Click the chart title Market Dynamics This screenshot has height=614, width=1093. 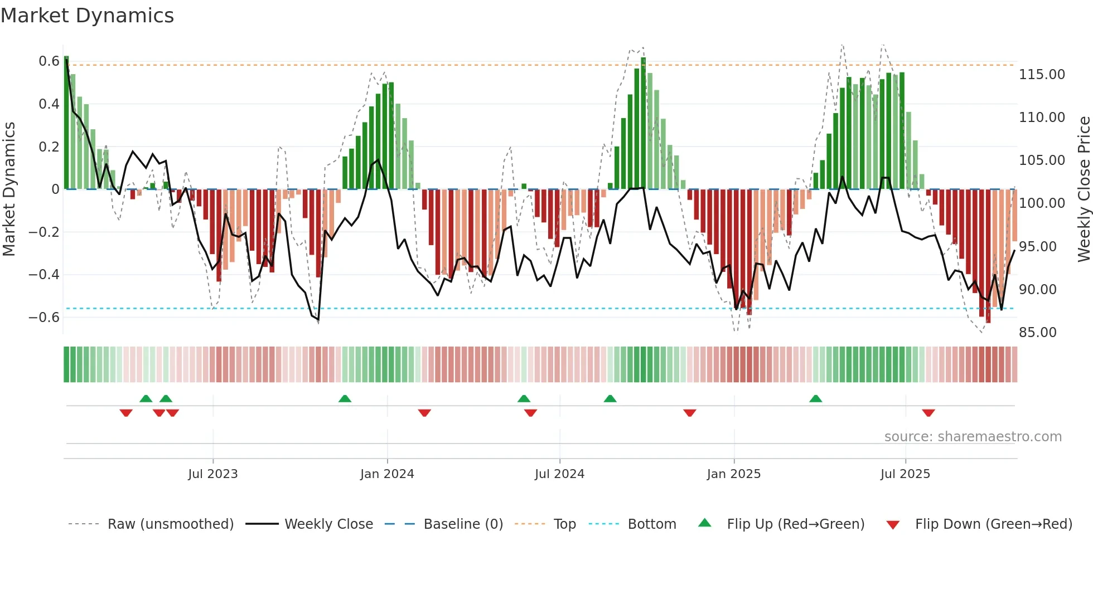pyautogui.click(x=87, y=16)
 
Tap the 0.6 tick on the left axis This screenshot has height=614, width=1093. pyautogui.click(x=49, y=61)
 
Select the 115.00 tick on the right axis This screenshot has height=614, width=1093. pyautogui.click(x=1042, y=74)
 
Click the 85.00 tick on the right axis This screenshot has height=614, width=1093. pyautogui.click(x=1037, y=332)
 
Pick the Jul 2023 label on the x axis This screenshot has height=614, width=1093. pyautogui.click(x=212, y=474)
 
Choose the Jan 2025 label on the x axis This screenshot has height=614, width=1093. pyautogui.click(x=733, y=474)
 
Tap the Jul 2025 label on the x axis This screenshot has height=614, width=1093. pyautogui.click(x=905, y=474)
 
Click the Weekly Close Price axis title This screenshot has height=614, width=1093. pyautogui.click(x=1084, y=189)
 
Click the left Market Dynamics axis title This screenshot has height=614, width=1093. pyautogui.click(x=9, y=189)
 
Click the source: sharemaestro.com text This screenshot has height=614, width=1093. pyautogui.click(x=973, y=437)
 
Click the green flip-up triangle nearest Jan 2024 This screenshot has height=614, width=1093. pyautogui.click(x=345, y=398)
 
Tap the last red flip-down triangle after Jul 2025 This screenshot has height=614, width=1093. pyautogui.click(x=928, y=413)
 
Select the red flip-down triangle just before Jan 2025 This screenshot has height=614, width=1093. pyautogui.click(x=689, y=413)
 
